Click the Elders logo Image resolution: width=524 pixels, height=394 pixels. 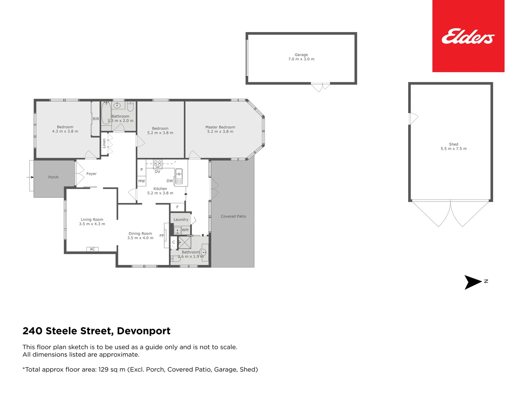click(468, 36)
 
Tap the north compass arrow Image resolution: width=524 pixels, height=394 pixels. click(473, 282)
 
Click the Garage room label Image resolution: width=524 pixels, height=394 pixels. click(301, 55)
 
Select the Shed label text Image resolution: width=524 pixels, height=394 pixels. click(453, 144)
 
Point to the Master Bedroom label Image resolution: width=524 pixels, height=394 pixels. click(220, 127)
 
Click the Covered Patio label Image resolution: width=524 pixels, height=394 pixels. click(233, 216)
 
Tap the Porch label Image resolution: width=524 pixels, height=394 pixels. click(53, 177)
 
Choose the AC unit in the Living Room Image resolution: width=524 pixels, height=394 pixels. click(92, 249)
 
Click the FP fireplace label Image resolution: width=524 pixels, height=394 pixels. click(162, 236)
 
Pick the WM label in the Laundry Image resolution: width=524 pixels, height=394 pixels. click(185, 230)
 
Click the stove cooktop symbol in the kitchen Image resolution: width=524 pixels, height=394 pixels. click(158, 163)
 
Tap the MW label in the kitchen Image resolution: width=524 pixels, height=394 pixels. click(141, 181)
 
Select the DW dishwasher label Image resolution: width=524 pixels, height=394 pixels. click(170, 181)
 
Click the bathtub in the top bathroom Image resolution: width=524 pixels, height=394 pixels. click(106, 113)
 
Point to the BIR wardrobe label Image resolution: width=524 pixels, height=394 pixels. click(96, 119)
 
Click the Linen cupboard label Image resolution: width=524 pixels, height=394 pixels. click(104, 143)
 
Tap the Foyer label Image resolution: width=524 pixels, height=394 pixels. click(91, 174)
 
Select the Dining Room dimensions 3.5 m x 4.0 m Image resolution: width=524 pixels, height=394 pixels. click(140, 238)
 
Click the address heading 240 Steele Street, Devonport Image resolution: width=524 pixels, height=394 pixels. click(96, 331)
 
